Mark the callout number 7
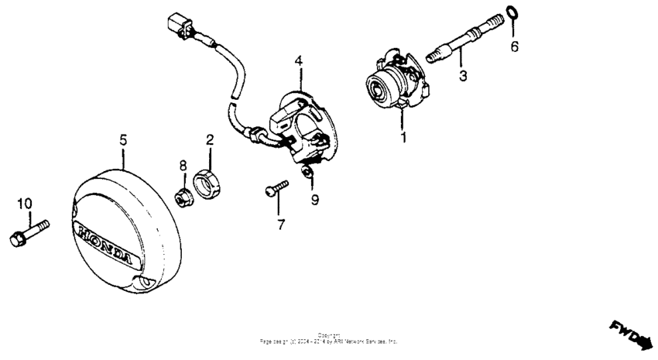pyautogui.click(x=280, y=225)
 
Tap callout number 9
pyautogui.click(x=314, y=201)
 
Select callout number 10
pyautogui.click(x=25, y=204)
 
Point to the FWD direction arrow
pyautogui.click(x=632, y=334)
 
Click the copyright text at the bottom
pyautogui.click(x=329, y=338)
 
